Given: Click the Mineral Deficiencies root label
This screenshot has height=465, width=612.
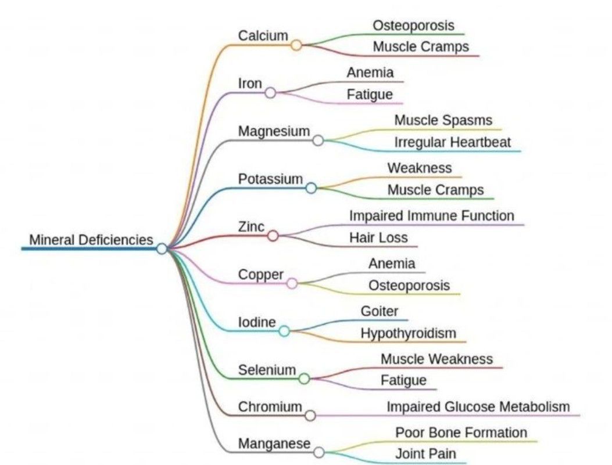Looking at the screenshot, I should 91,239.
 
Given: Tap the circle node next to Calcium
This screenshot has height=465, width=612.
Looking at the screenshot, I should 296,45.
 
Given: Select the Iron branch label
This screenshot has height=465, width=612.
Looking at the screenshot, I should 250,83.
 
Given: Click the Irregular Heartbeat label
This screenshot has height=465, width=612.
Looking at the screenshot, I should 453,142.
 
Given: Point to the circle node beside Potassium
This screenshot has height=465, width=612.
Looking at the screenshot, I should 311,188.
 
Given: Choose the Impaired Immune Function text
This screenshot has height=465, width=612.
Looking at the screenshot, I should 431,216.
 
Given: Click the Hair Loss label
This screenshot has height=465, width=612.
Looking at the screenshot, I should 378,237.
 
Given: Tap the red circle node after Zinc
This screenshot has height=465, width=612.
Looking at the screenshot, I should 273,235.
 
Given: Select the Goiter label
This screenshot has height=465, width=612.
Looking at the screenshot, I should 380,311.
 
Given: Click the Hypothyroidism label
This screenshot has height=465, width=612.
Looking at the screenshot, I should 408,333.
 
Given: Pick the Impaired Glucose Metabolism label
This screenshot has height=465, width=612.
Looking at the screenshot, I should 478,407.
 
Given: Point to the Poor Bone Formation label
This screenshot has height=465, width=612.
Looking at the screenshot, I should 461,432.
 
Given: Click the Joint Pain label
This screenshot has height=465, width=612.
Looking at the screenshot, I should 425,454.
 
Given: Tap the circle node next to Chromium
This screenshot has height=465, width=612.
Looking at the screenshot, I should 310,415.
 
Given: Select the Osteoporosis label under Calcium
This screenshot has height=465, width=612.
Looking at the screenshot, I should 413,26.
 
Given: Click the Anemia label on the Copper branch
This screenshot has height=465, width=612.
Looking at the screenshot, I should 392,264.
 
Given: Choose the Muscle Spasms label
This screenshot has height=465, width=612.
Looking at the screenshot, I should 443,121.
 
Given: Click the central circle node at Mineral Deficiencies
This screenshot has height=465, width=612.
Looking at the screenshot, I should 162,248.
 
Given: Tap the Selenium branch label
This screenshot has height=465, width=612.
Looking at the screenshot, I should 267,370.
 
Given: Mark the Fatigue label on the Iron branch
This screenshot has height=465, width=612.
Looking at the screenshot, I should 370,94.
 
